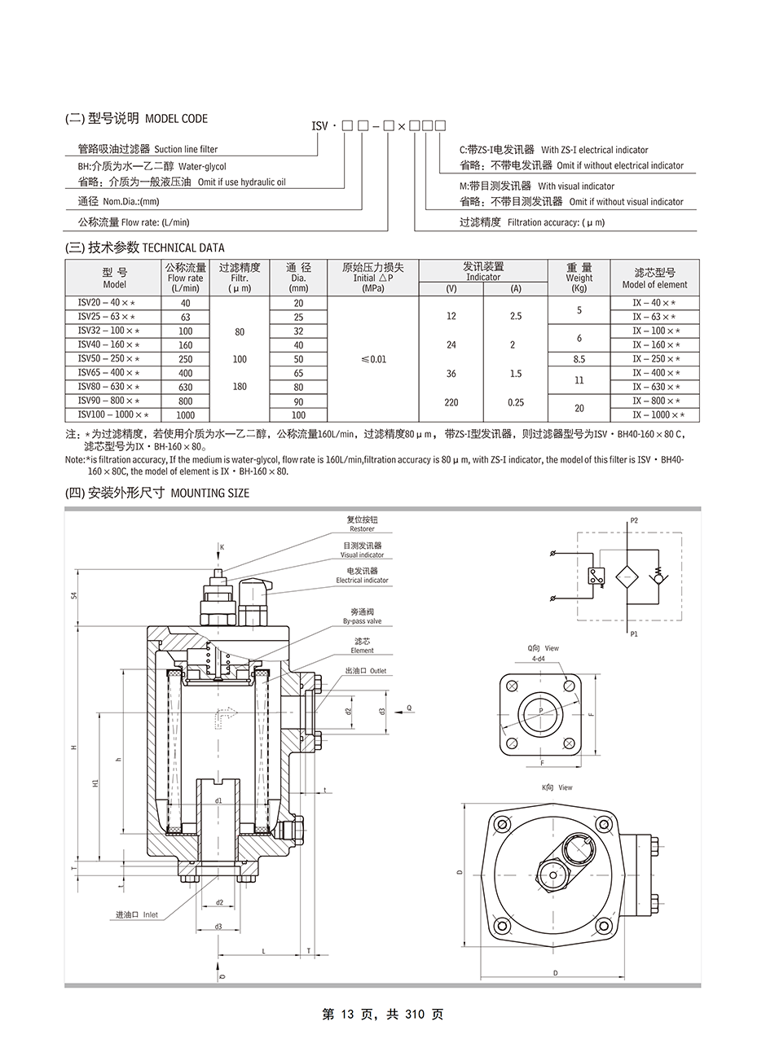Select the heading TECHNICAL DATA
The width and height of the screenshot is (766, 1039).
(183, 248)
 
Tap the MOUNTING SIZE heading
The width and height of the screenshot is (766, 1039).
(210, 493)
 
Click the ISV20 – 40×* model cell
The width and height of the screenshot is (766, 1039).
(107, 303)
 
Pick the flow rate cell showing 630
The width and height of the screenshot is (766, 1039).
(186, 387)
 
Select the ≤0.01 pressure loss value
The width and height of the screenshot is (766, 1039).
(372, 359)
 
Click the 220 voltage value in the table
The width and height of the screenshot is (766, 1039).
(451, 402)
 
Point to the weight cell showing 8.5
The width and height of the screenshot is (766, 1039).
(579, 359)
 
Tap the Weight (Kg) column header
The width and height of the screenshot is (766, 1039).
(579, 278)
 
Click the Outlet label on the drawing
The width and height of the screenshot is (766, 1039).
(377, 671)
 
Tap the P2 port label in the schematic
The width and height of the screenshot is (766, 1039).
(634, 519)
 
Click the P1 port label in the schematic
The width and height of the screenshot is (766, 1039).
(634, 632)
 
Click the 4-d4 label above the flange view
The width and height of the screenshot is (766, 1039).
(538, 659)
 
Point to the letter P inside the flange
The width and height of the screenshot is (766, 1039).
(539, 711)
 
